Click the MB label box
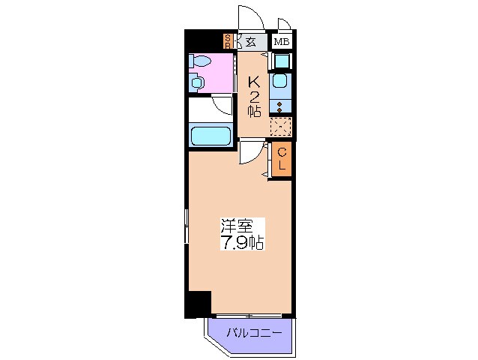coord(281,41)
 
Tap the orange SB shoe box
coord(228,41)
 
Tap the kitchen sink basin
coord(280,81)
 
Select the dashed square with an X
coord(280,127)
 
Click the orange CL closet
coord(282,160)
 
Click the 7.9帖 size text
coord(242,243)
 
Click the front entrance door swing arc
coord(249,16)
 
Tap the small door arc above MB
coord(283,25)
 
